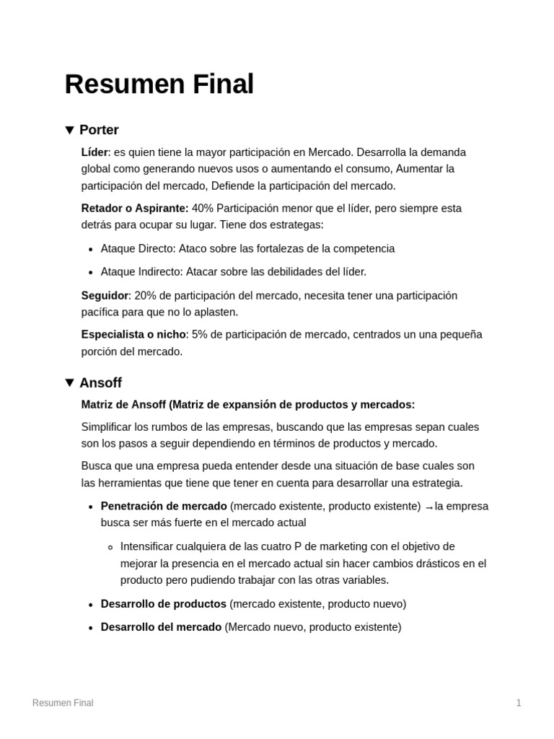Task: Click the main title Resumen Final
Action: pyautogui.click(x=159, y=84)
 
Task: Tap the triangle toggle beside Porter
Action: pyautogui.click(x=69, y=130)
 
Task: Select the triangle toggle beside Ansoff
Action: pyautogui.click(x=69, y=382)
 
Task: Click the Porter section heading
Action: pyautogui.click(x=99, y=130)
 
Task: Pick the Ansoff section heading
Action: pyautogui.click(x=100, y=382)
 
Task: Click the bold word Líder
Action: pyautogui.click(x=94, y=152)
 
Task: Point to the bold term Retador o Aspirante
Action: pyautogui.click(x=135, y=209)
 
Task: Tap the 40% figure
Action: pyautogui.click(x=203, y=209)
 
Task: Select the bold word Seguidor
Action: pyautogui.click(x=105, y=296)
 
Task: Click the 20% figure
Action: pyautogui.click(x=145, y=296)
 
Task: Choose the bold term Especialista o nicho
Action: pyautogui.click(x=133, y=335)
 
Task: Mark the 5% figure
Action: pyautogui.click(x=200, y=335)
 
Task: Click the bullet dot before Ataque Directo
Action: pyautogui.click(x=90, y=250)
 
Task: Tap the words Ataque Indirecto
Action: pyautogui.click(x=141, y=272)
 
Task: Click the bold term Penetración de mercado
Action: pyautogui.click(x=164, y=506)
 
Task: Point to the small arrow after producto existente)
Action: pyautogui.click(x=429, y=507)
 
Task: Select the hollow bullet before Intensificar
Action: pyautogui.click(x=110, y=547)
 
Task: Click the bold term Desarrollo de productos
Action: pyautogui.click(x=164, y=604)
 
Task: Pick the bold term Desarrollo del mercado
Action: pyautogui.click(x=161, y=627)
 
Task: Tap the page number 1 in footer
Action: pyautogui.click(x=519, y=703)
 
